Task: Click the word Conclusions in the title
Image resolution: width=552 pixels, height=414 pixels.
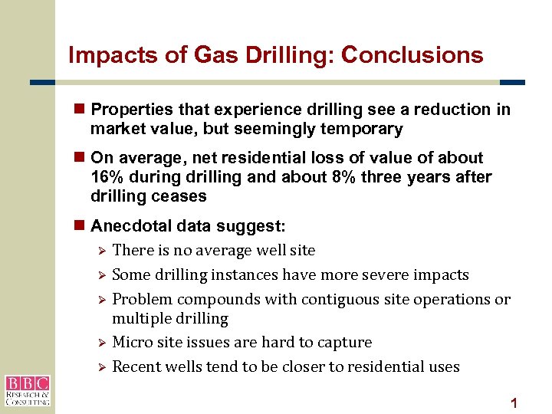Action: click(412, 55)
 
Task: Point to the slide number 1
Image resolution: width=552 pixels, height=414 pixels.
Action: click(514, 402)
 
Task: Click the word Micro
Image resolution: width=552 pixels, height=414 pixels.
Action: click(133, 342)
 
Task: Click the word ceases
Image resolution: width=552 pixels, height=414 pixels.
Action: click(179, 196)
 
